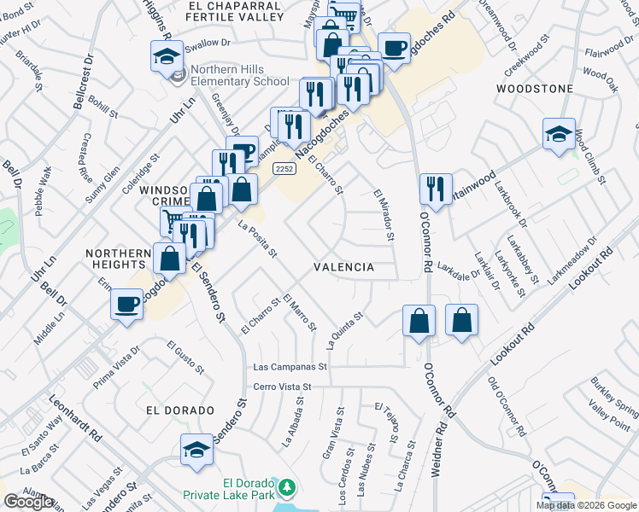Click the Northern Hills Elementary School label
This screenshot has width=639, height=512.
(240, 76)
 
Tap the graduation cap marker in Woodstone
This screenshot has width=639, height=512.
(560, 135)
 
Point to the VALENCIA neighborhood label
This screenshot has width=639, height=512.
(344, 267)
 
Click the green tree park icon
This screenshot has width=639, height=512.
(289, 488)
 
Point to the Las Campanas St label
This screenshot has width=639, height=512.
(291, 368)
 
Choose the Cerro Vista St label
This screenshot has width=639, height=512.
(284, 387)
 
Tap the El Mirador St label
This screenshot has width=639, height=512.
(383, 214)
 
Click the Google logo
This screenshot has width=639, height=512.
(28, 502)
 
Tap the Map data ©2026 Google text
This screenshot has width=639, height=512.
(585, 505)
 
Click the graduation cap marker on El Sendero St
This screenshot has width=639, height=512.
(196, 451)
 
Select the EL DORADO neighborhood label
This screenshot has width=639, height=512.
(179, 410)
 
